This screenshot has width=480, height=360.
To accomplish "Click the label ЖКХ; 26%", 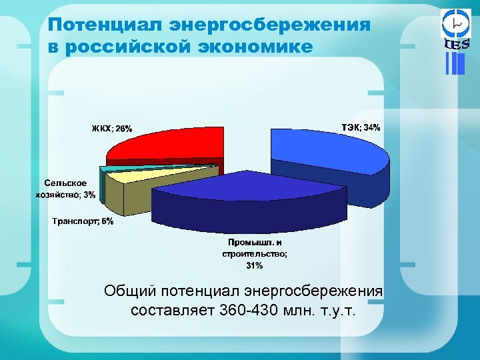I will pyautogui.click(x=112, y=128).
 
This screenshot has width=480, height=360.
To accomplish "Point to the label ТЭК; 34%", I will pyautogui.click(x=361, y=127).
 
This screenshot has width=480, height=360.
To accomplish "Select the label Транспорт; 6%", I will pyautogui.click(x=83, y=222).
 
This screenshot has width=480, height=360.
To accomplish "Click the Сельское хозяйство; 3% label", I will pyautogui.click(x=65, y=189).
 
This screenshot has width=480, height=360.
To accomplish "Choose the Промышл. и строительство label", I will pyautogui.click(x=255, y=248).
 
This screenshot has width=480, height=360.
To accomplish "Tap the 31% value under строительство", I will pyautogui.click(x=255, y=265).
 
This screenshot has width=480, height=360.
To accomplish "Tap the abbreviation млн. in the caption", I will pyautogui.click(x=298, y=310).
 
